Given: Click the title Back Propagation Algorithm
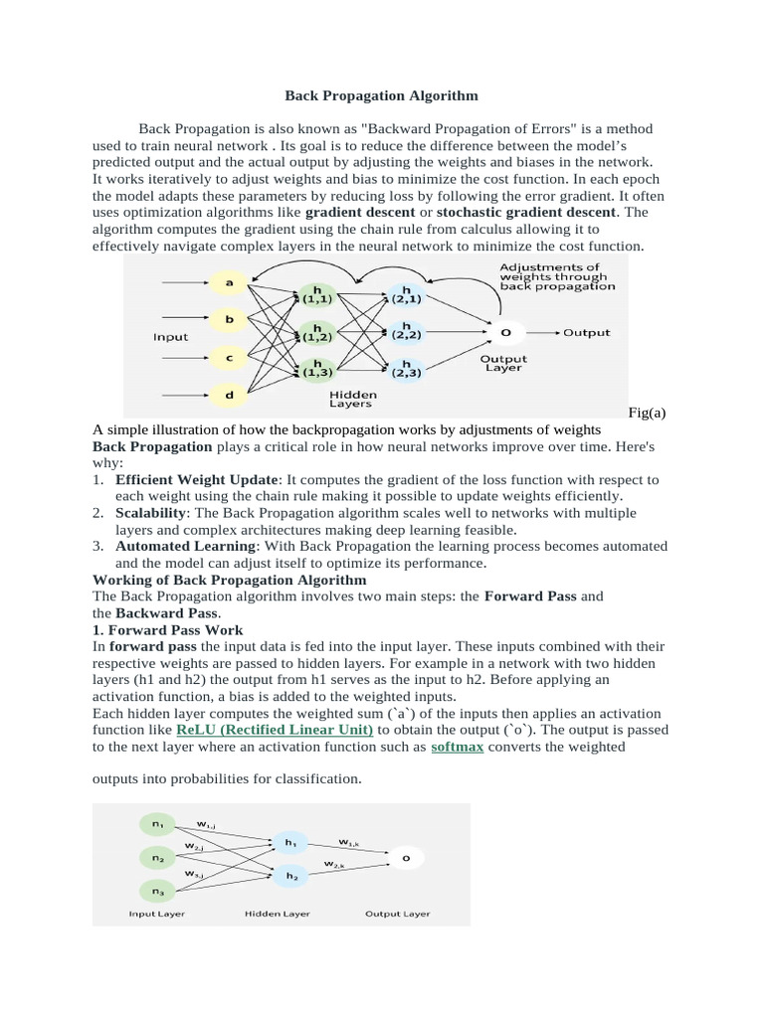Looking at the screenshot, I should [x=381, y=95].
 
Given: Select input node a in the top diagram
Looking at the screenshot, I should [x=230, y=283].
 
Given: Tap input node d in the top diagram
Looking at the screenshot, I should [x=230, y=395].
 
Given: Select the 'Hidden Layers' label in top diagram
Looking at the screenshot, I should [x=350, y=399].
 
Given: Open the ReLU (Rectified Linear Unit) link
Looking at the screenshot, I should [x=275, y=729].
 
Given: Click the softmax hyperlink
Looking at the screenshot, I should [x=458, y=747].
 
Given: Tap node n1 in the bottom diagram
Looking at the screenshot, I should [x=157, y=823].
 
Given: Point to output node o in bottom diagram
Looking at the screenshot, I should [x=405, y=856].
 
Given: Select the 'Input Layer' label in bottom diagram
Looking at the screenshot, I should [x=156, y=914].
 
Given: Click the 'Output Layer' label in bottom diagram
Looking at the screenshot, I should [x=398, y=914].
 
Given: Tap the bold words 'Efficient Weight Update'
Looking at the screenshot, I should [x=198, y=480].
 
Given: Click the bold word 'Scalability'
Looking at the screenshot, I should [x=151, y=513].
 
